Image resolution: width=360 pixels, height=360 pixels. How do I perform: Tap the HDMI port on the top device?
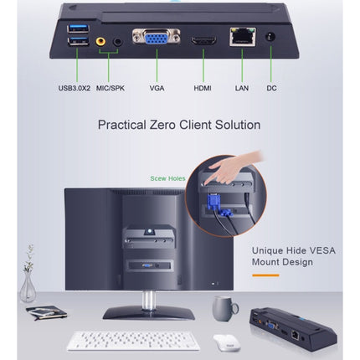coord(202,41)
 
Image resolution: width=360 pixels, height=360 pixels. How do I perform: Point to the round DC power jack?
coord(270,37)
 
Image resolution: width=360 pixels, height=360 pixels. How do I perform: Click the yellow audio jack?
coord(100,40)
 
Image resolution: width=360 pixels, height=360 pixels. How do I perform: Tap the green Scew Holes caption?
coord(167,178)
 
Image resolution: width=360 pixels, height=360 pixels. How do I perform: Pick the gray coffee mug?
coord(223,306)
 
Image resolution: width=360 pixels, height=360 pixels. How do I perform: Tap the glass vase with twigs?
coord(28,285)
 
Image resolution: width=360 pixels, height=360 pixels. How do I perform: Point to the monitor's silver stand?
coord(151,300)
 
